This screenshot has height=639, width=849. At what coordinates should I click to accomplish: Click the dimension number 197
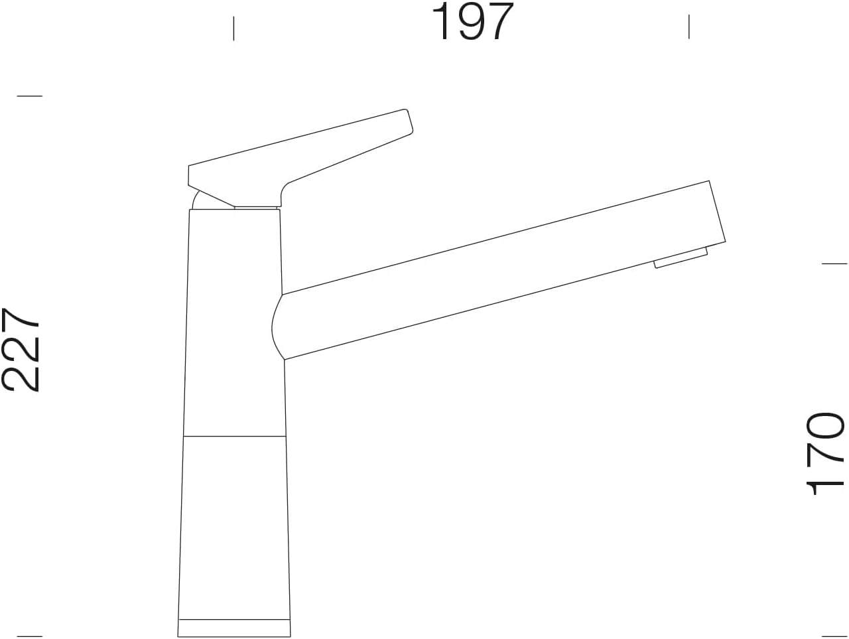pyautogui.click(x=472, y=21)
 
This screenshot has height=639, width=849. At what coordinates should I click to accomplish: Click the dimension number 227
pyautogui.click(x=21, y=349)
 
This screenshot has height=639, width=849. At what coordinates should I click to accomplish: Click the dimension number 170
pyautogui.click(x=824, y=454)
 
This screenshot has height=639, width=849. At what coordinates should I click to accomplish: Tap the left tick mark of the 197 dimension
pyautogui.click(x=233, y=29)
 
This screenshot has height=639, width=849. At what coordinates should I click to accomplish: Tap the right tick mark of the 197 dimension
pyautogui.click(x=689, y=27)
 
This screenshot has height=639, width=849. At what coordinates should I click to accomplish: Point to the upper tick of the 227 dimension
pyautogui.click(x=30, y=96)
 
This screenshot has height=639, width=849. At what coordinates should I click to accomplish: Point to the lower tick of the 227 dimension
pyautogui.click(x=30, y=636)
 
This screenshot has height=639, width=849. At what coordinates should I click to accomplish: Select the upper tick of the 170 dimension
pyautogui.click(x=834, y=264)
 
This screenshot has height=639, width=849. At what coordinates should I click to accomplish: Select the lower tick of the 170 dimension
pyautogui.click(x=834, y=636)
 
